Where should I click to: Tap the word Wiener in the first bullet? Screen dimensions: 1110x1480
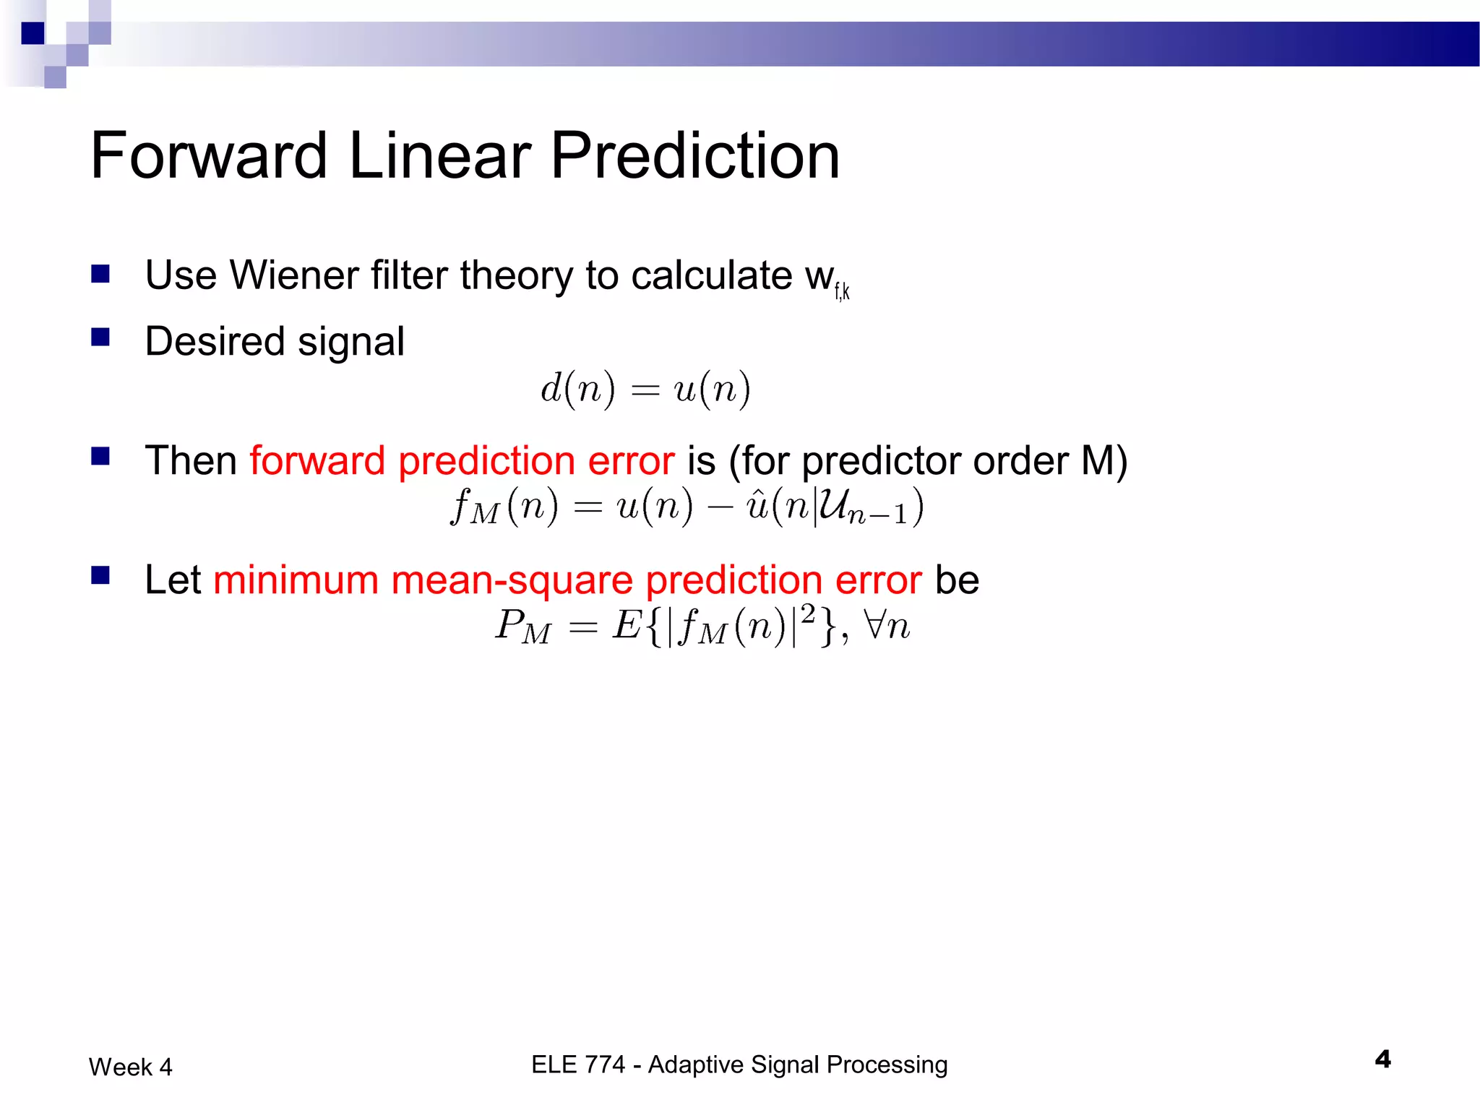coord(293,275)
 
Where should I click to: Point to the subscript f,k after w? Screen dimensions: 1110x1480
coord(842,292)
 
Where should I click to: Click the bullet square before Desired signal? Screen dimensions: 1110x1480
coord(100,337)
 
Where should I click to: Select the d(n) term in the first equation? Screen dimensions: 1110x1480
coord(577,390)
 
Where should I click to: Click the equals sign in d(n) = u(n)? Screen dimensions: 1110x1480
coord(645,391)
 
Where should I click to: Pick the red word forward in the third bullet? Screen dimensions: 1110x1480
coord(317,461)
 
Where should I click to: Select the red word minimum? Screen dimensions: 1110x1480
coord(296,580)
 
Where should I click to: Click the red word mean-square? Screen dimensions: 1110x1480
coord(512,580)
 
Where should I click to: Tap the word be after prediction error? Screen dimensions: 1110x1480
coord(957,580)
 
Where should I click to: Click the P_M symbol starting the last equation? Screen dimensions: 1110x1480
coord(522,627)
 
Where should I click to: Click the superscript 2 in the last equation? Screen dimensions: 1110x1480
coord(808,614)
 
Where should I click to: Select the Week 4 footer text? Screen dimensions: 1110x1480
coord(131,1067)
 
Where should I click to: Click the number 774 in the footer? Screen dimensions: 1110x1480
coord(603,1064)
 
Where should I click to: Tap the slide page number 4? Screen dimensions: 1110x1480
coord(1382,1059)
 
